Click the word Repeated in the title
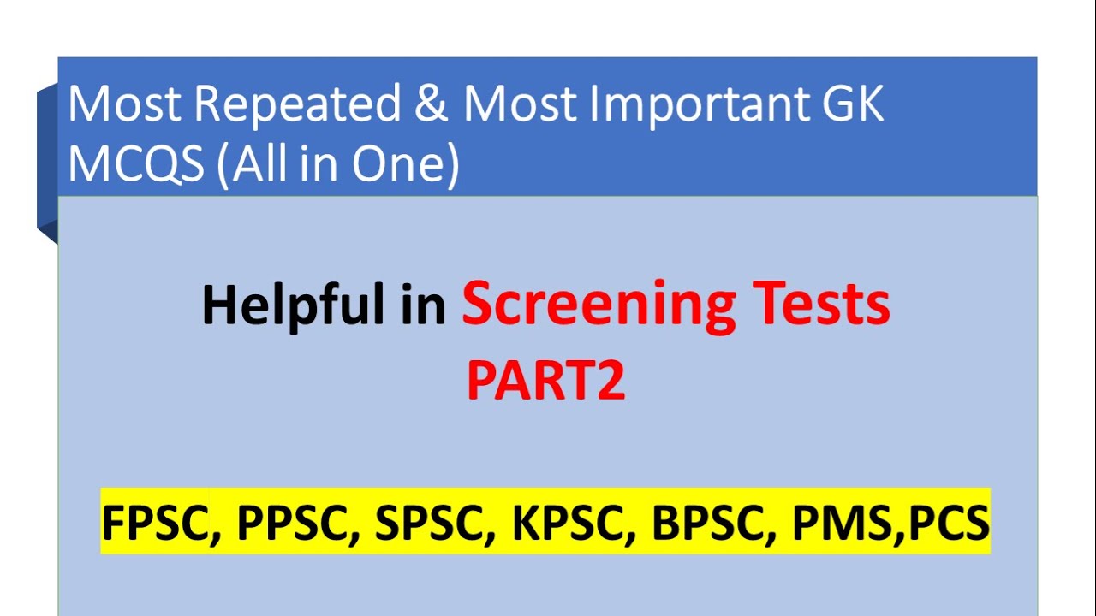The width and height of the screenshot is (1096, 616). coord(298,105)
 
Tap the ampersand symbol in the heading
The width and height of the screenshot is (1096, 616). coord(432,105)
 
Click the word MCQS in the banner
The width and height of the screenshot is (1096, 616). coord(135,165)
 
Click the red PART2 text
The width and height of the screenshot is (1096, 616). coord(545,382)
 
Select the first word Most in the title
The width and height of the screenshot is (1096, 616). coord(124,105)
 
